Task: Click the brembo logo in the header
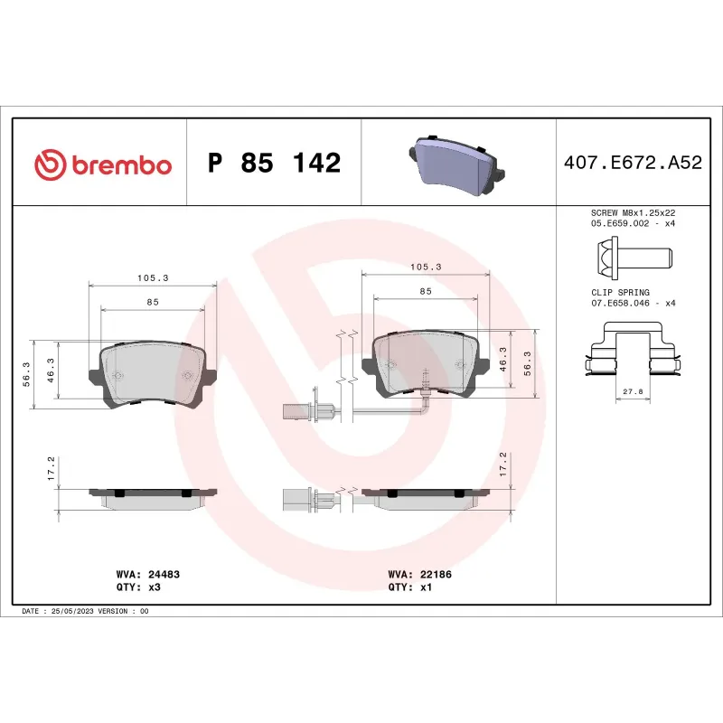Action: pos(102,164)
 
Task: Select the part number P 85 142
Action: pos(274,164)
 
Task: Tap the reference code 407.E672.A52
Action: pos(632,164)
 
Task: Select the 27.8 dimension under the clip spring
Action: pos(632,392)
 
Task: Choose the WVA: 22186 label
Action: pos(414,574)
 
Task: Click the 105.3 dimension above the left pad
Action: pos(152,277)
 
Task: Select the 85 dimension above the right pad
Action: pos(425,291)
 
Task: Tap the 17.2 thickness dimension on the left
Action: pos(52,467)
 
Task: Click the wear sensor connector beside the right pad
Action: pos(317,412)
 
